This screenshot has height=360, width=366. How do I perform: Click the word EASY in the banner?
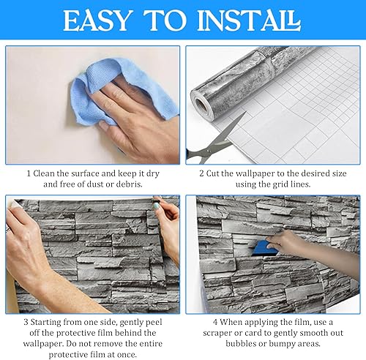tap(97, 20)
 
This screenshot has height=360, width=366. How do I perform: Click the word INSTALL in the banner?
tap(249, 20)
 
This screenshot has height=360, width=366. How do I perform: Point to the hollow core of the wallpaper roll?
tap(201, 105)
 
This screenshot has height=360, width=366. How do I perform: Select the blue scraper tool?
tap(264, 248)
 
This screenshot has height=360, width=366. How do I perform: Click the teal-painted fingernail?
tap(155, 206)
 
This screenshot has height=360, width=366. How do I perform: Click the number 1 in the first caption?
tap(29, 173)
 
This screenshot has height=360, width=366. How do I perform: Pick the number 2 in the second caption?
tap(201, 173)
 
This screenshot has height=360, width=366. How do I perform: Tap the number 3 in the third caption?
tap(26, 322)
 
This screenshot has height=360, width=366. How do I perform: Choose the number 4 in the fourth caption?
tap(215, 322)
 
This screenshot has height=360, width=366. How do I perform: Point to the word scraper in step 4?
tap(217, 334)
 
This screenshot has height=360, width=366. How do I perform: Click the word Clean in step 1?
tap(44, 173)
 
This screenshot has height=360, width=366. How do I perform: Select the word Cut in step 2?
tap(212, 173)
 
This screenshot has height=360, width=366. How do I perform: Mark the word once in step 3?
tap(126, 355)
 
